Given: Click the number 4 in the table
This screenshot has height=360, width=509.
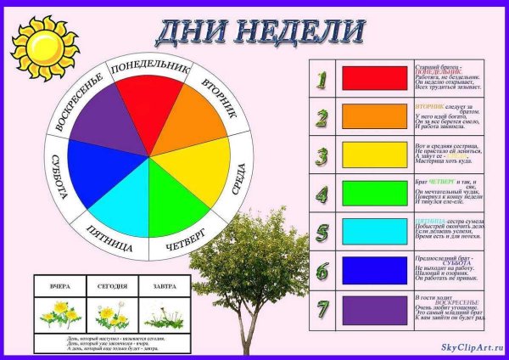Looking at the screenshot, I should (321, 193).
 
